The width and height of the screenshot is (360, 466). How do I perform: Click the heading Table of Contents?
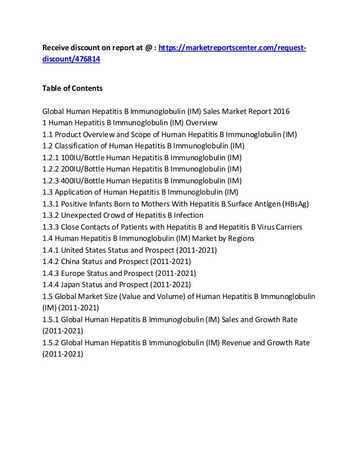click(x=71, y=88)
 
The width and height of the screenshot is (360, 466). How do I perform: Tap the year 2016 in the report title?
click(x=280, y=112)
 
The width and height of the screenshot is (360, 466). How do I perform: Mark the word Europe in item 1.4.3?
click(x=74, y=273)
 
